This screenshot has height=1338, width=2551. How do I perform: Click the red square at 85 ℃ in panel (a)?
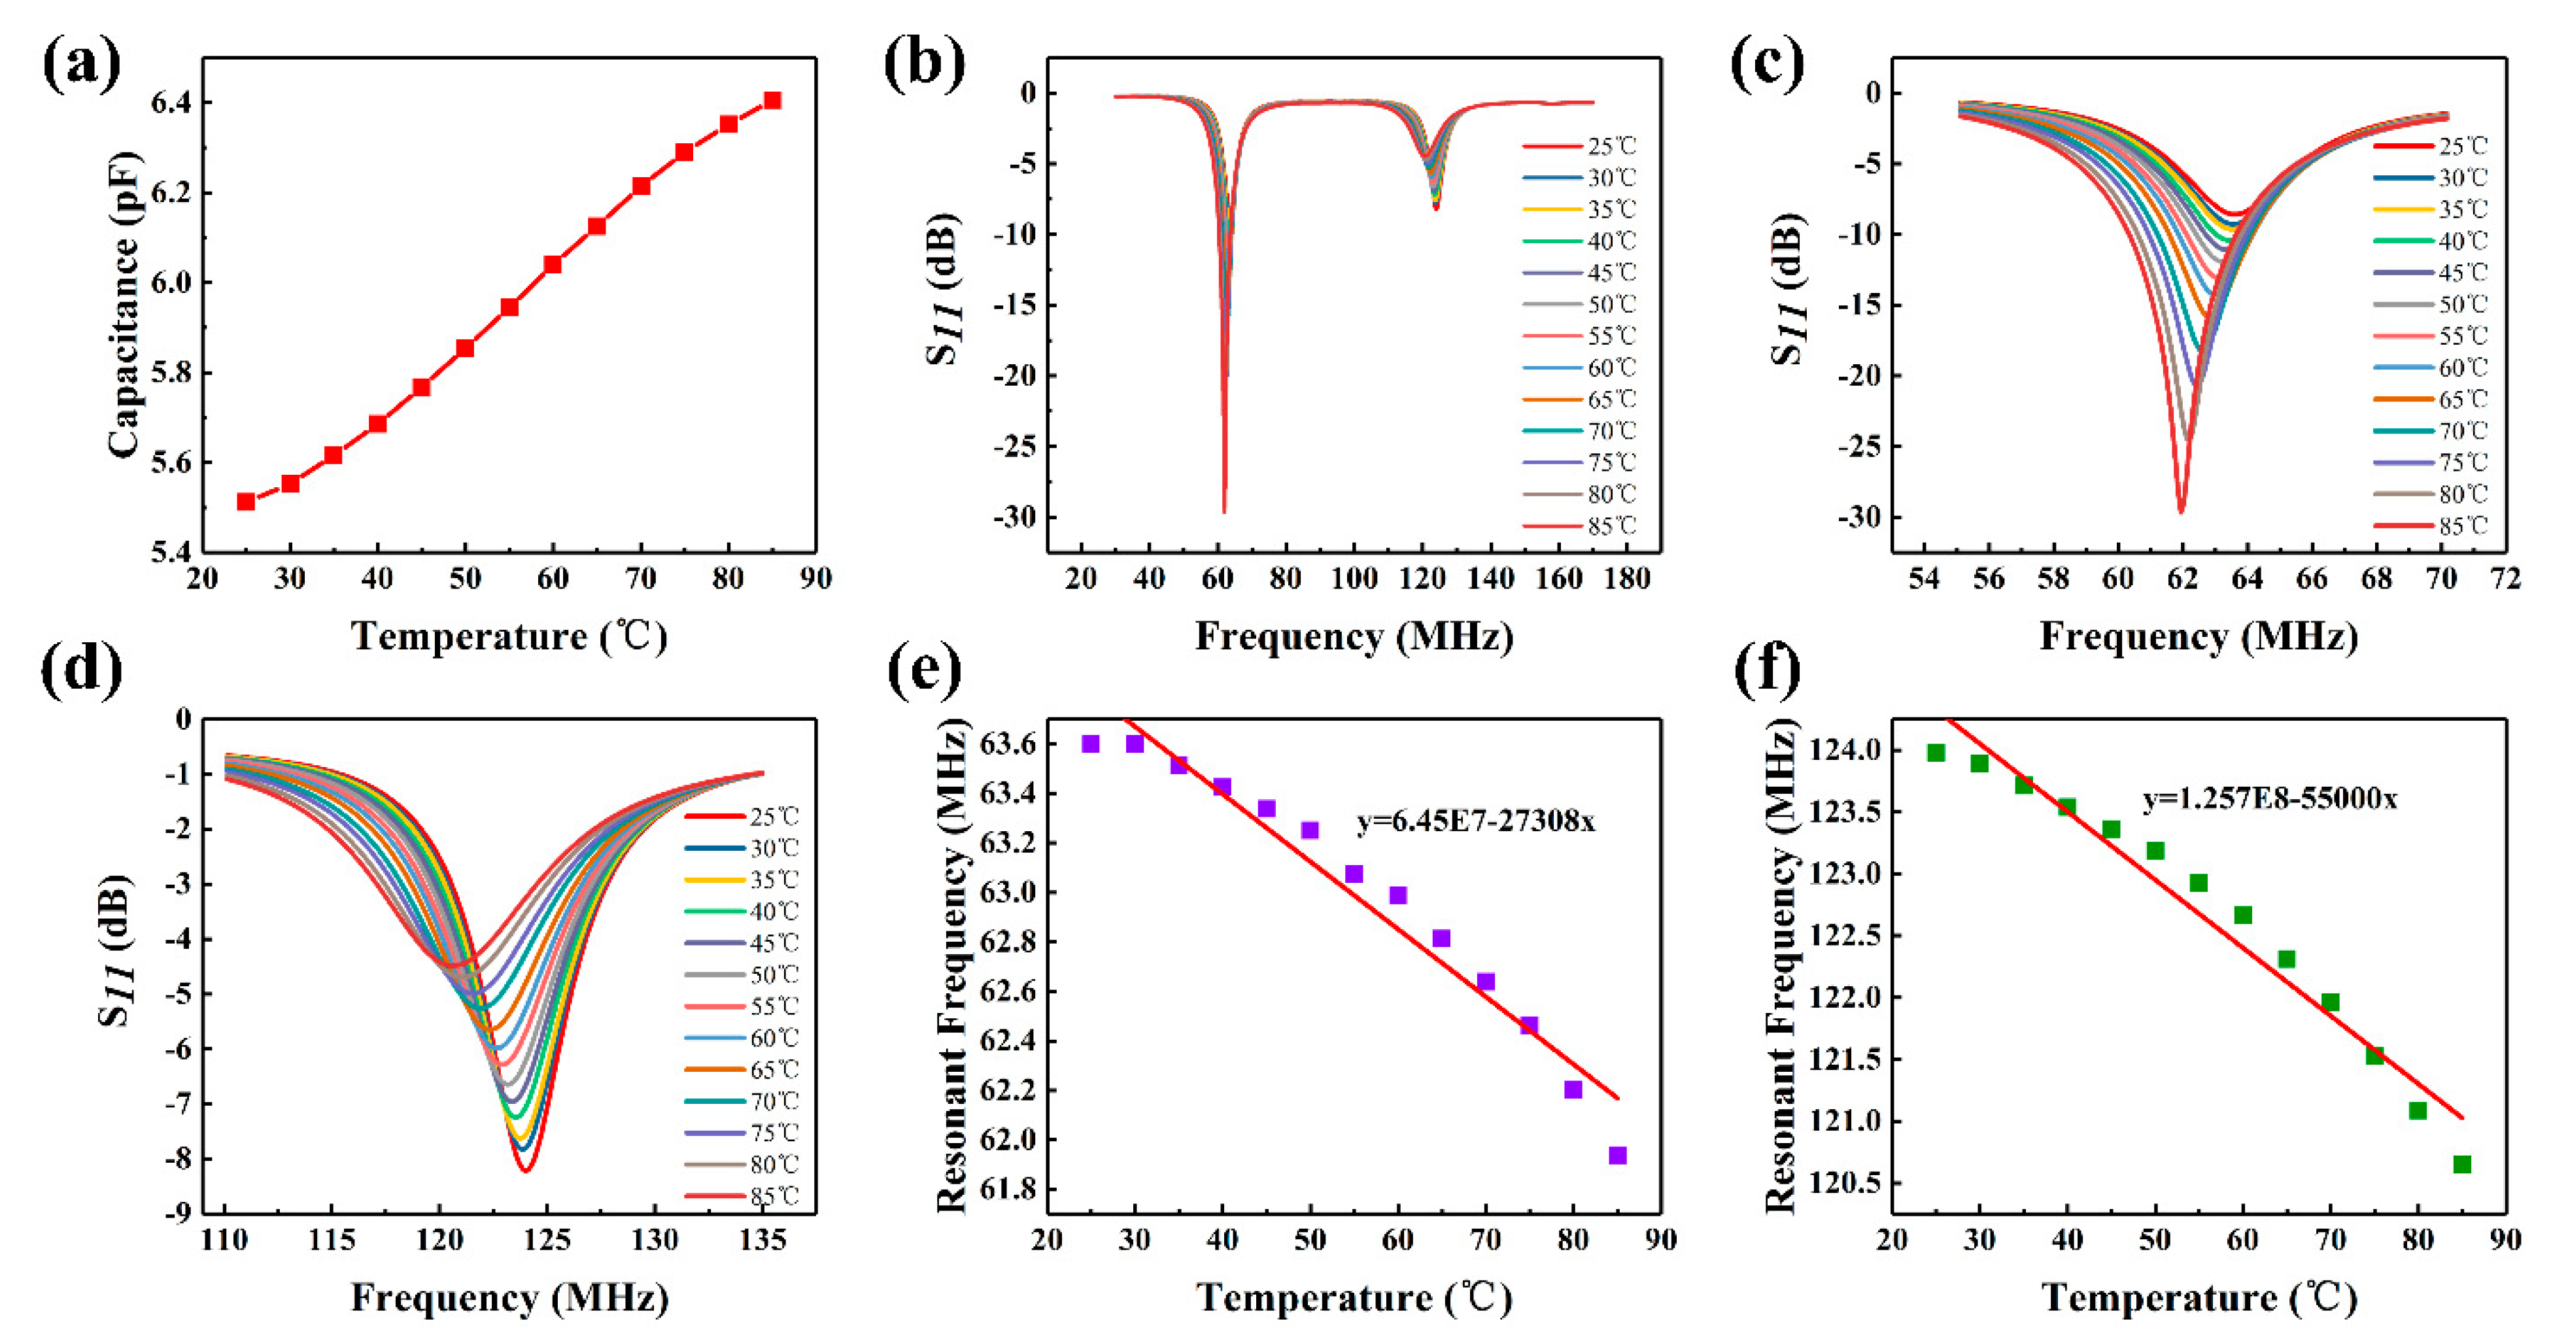772,100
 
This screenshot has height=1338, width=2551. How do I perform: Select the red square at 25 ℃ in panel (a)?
246,501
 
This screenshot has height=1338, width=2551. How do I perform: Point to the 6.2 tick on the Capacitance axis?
169,193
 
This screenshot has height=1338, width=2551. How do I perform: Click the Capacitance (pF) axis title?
124,304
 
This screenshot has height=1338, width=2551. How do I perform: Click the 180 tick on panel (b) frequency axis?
1626,578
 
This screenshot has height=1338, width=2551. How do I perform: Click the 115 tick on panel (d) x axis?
332,1239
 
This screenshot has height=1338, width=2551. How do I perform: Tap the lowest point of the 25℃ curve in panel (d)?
526,1171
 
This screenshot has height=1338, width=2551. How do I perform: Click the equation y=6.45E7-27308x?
1475,821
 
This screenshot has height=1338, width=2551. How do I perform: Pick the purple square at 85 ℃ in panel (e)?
1617,1155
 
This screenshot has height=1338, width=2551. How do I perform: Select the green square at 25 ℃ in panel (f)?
1936,753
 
